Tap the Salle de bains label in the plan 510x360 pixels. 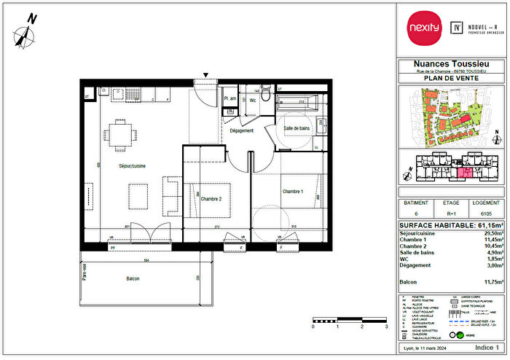tap(298, 128)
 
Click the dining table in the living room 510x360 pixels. tap(119, 133)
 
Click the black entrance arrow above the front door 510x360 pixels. tap(207, 74)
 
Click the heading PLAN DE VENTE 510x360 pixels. tap(452, 78)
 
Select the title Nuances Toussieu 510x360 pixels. tap(452, 64)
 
